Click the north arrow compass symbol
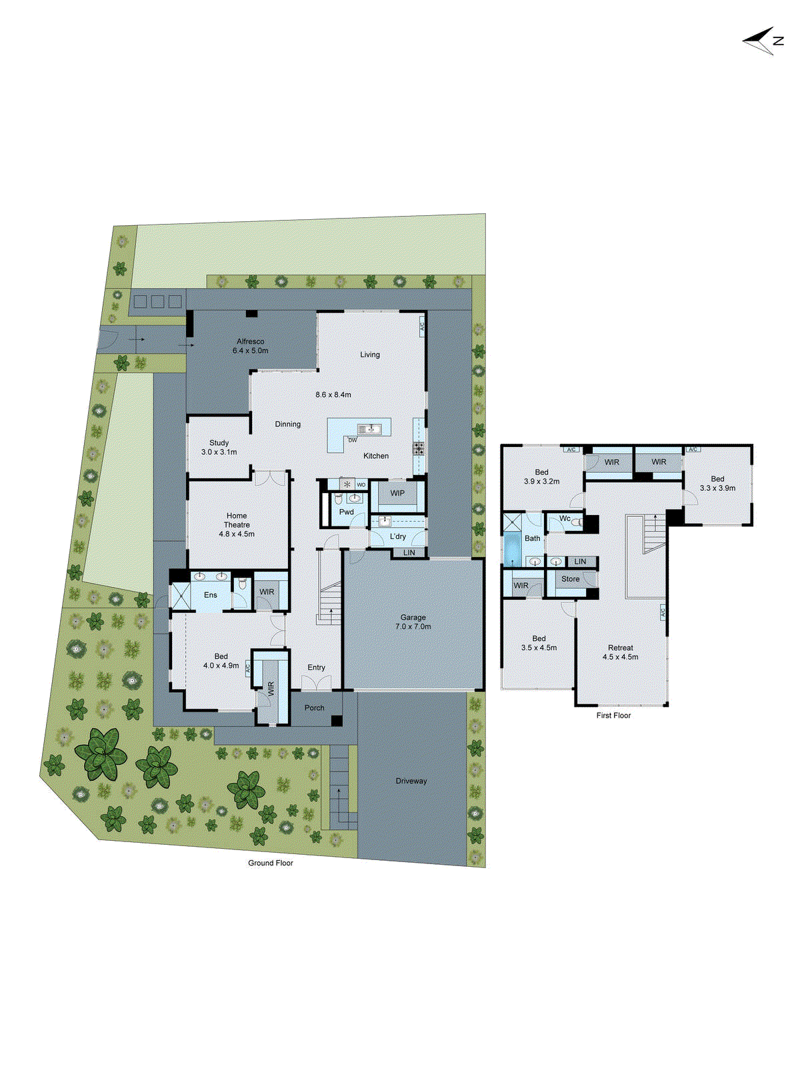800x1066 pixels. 762,41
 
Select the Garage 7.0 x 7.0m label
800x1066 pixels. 413,622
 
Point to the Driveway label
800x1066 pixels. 411,781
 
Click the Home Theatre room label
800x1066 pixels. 237,524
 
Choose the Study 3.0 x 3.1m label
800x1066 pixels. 219,447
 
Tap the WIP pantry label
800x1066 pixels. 397,493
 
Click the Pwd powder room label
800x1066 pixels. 347,512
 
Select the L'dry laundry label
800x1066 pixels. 398,536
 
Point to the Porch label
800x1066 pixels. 315,708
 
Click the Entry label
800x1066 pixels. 317,667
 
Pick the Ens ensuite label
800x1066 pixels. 211,594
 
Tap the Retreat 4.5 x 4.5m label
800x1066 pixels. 621,652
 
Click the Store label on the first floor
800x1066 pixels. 571,579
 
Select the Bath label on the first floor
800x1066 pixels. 533,538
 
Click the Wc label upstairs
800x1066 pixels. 565,518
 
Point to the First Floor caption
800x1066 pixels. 613,716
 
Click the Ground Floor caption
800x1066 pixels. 271,863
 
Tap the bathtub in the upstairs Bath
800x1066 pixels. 512,550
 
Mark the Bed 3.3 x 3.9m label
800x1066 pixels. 717,483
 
